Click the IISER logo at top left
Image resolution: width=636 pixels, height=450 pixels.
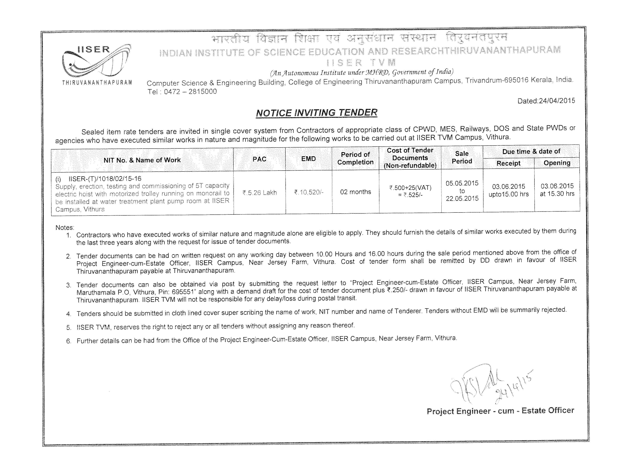(x=97, y=63)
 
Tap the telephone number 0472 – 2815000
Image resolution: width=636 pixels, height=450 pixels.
(x=190, y=92)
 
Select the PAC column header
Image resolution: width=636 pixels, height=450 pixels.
(x=259, y=159)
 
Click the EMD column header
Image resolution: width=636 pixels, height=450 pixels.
(x=308, y=159)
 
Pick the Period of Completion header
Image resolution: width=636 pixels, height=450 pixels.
(x=355, y=158)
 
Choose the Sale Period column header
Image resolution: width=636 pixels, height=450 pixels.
(x=462, y=157)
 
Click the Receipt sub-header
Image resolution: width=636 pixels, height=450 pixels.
(x=508, y=163)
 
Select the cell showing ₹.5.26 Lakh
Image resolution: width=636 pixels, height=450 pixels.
(x=260, y=193)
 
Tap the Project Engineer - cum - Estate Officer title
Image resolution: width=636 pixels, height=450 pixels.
(x=500, y=411)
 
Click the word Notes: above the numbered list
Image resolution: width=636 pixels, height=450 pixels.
(x=65, y=228)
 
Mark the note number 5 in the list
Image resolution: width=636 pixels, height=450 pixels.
(x=69, y=328)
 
